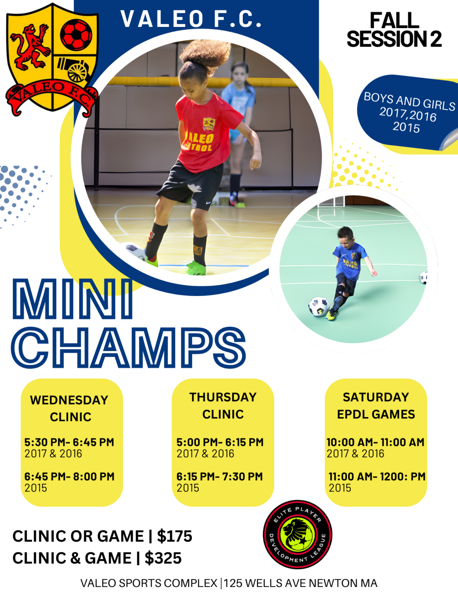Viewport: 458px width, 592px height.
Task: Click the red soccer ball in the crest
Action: tap(76, 34)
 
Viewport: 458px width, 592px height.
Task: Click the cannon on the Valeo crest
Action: tap(74, 68)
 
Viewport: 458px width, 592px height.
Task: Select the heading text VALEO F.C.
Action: tap(191, 19)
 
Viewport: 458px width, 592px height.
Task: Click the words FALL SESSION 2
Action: tap(394, 30)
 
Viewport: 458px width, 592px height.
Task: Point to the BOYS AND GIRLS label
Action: tap(409, 101)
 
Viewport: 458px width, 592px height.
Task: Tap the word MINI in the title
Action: tap(73, 299)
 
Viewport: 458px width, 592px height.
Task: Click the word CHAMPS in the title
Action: tap(128, 348)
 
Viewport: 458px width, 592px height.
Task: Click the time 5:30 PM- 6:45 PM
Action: tap(69, 442)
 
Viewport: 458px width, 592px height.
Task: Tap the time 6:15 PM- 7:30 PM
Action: tap(220, 477)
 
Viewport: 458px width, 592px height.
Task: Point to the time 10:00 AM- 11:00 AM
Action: tap(375, 442)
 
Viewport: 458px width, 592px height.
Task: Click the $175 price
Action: tap(174, 536)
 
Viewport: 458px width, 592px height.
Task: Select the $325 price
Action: tap(163, 558)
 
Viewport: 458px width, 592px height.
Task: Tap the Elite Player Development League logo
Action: tap(297, 534)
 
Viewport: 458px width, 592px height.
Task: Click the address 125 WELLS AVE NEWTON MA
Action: tap(301, 583)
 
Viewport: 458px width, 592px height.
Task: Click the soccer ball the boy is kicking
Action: tap(318, 307)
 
